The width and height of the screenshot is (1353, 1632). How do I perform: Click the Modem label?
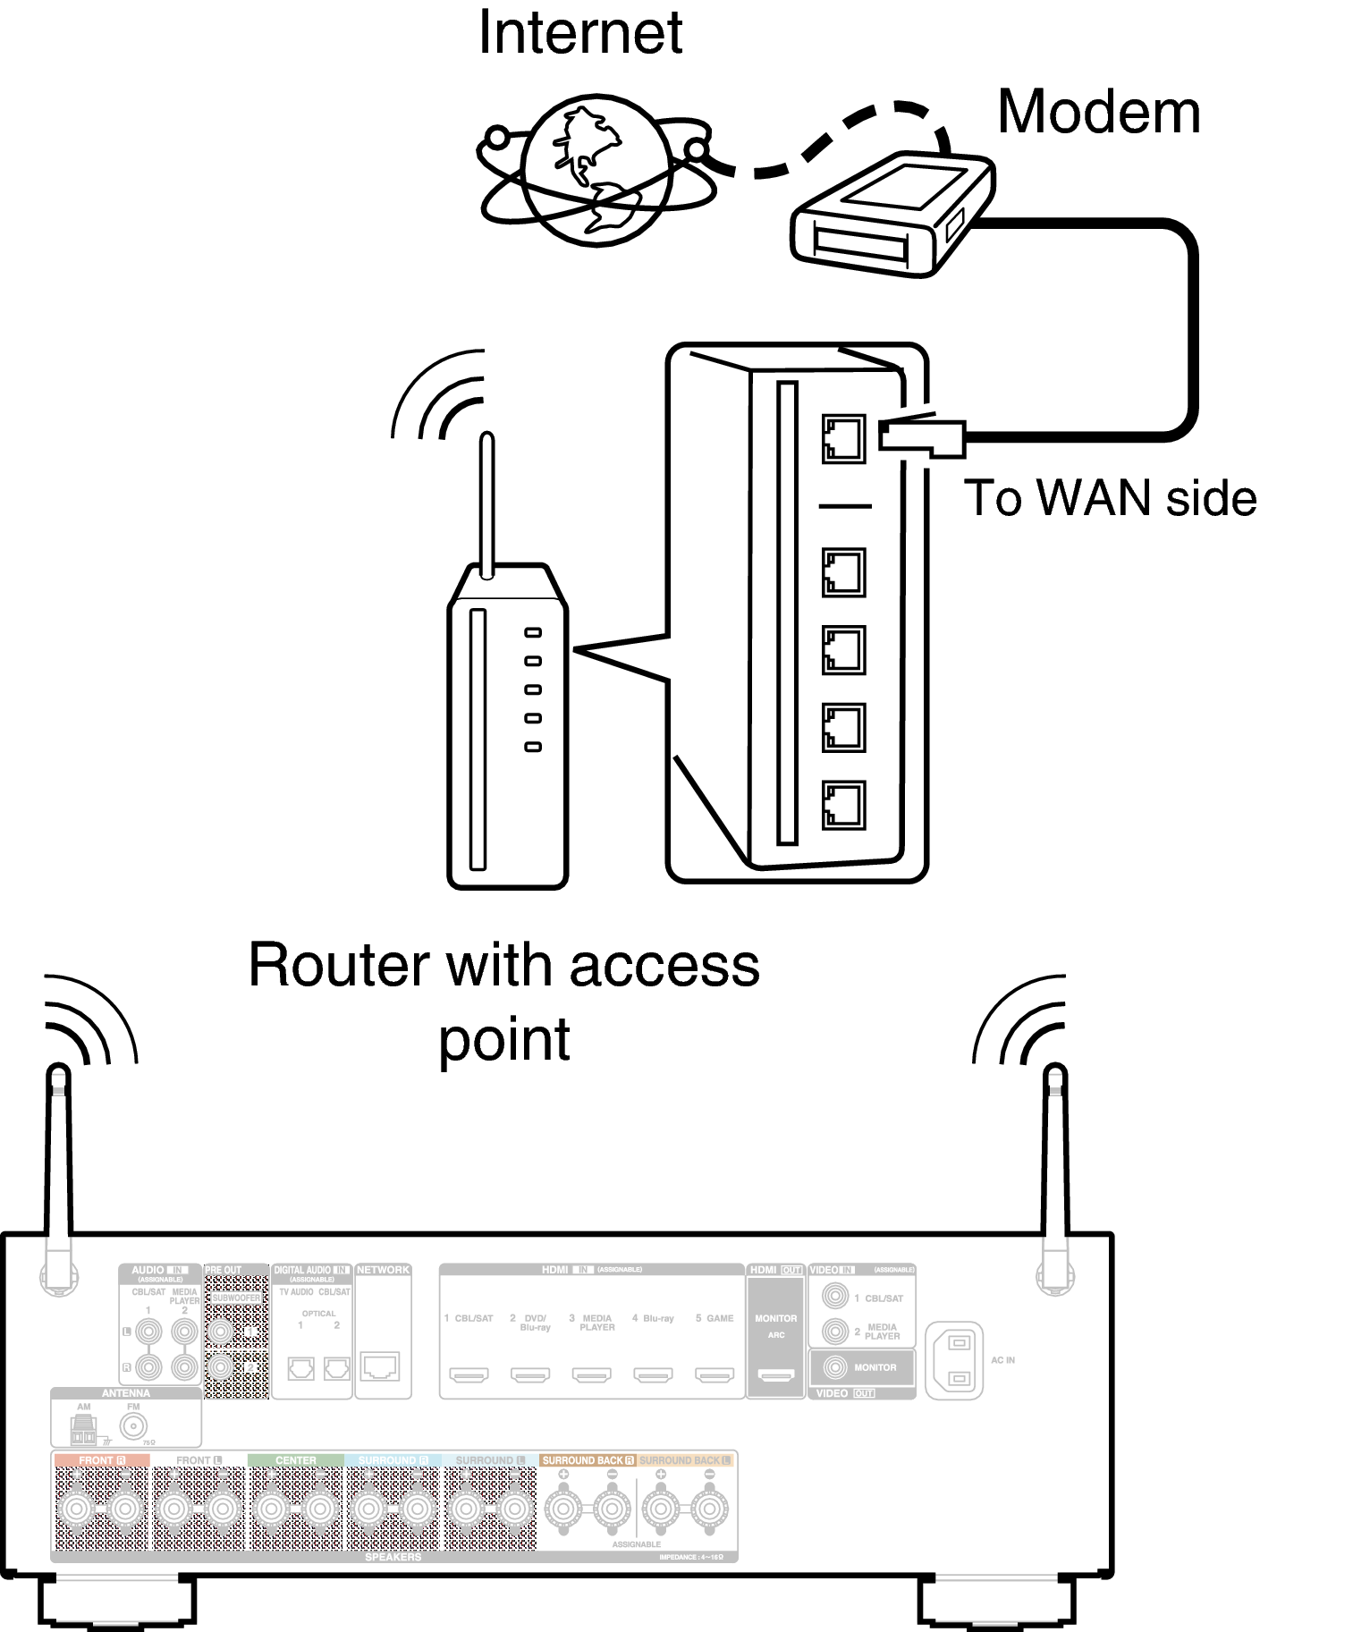point(1098,113)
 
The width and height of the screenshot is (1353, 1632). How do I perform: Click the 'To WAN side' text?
point(1110,498)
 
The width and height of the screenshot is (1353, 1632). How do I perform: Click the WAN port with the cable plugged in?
point(842,438)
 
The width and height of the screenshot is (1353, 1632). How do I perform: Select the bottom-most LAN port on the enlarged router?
point(842,805)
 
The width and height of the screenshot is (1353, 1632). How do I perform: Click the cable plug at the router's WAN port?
point(921,436)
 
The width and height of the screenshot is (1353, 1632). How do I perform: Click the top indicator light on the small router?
point(533,633)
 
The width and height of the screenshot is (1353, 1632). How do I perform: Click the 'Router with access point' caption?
point(503,1000)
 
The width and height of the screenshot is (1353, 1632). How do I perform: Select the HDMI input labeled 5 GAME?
point(715,1374)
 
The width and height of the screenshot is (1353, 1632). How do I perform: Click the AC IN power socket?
point(958,1360)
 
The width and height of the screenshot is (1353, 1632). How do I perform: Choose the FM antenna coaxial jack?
point(134,1426)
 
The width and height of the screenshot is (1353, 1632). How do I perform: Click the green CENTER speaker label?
point(295,1460)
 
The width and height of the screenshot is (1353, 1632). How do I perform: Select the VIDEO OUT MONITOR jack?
point(835,1366)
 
